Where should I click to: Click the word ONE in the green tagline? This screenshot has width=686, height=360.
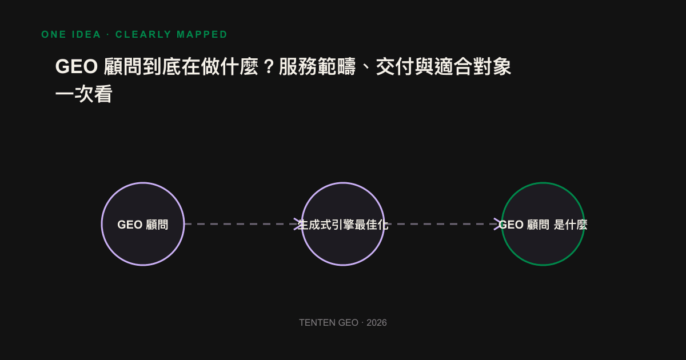54,34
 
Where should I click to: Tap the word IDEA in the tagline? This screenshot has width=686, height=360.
86,34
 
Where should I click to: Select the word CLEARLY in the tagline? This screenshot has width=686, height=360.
143,34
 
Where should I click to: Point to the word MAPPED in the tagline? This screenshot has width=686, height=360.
202,34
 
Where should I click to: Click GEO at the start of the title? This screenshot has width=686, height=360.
77,66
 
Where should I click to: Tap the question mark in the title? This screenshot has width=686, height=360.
269,66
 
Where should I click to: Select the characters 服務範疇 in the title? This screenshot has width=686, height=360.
317,66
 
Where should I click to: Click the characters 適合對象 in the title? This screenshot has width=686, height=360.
473,66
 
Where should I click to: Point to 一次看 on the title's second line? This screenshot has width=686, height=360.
84,94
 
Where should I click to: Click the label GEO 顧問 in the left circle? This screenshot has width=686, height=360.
143,225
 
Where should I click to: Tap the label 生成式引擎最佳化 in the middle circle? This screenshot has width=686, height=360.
343,225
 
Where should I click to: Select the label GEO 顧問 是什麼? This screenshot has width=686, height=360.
543,225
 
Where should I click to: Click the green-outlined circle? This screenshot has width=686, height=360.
543,183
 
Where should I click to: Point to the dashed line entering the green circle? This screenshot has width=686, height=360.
443,224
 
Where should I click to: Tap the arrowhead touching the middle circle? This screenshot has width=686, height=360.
298,224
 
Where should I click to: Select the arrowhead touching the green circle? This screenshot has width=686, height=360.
498,224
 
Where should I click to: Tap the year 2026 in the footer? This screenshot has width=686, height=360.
377,323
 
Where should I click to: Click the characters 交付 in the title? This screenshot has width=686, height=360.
395,66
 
